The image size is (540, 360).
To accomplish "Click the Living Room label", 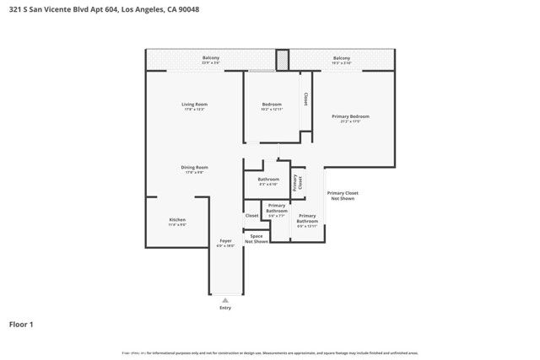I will (193, 106).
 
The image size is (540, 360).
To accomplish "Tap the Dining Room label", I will (194, 169).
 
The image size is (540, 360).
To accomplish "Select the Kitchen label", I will (176, 221).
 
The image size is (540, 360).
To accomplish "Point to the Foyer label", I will (225, 243).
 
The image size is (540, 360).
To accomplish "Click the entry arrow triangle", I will (225, 298).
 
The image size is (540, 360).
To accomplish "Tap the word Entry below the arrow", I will (225, 308).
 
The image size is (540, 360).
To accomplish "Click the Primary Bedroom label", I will (350, 119).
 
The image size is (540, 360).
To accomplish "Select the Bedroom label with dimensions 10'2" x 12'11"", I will (271, 106).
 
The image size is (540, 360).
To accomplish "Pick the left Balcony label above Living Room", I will (211, 59).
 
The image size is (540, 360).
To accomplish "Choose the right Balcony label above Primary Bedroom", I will (341, 59).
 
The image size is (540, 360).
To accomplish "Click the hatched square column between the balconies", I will (282, 60).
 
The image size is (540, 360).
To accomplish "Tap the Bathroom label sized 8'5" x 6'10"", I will (268, 180).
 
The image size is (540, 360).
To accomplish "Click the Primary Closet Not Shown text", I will (343, 196).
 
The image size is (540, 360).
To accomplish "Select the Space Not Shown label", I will (256, 239).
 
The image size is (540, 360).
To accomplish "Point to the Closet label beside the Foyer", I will (251, 216).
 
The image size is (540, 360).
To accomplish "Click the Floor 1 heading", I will (20, 323).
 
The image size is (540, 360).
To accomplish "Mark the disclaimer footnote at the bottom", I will (270, 353).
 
